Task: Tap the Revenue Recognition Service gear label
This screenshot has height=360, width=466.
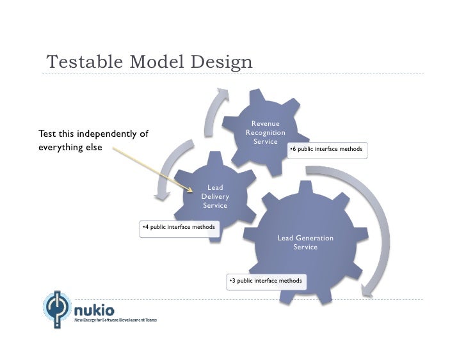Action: [x=265, y=132]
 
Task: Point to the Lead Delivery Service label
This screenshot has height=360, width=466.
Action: [x=215, y=197]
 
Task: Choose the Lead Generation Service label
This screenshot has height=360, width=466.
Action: [x=305, y=242]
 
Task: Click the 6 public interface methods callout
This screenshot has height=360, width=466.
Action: [x=326, y=150]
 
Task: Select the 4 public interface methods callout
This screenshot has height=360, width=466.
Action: [x=179, y=227]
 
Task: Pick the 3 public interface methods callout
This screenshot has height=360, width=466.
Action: [x=266, y=281]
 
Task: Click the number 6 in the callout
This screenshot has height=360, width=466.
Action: [x=293, y=150]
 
